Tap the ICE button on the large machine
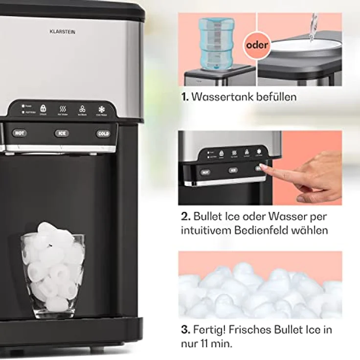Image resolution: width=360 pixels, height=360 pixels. coord(62,133)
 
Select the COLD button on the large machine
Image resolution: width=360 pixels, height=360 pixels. coord(103,134)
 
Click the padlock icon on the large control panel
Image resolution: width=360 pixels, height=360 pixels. coord(43,108)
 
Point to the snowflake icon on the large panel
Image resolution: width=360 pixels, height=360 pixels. coord(102,108)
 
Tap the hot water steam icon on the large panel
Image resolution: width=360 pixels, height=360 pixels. coord(63,109)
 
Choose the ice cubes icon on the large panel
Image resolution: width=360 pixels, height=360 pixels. coord(82,109)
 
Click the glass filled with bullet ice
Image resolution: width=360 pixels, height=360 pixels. coord(52,273)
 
